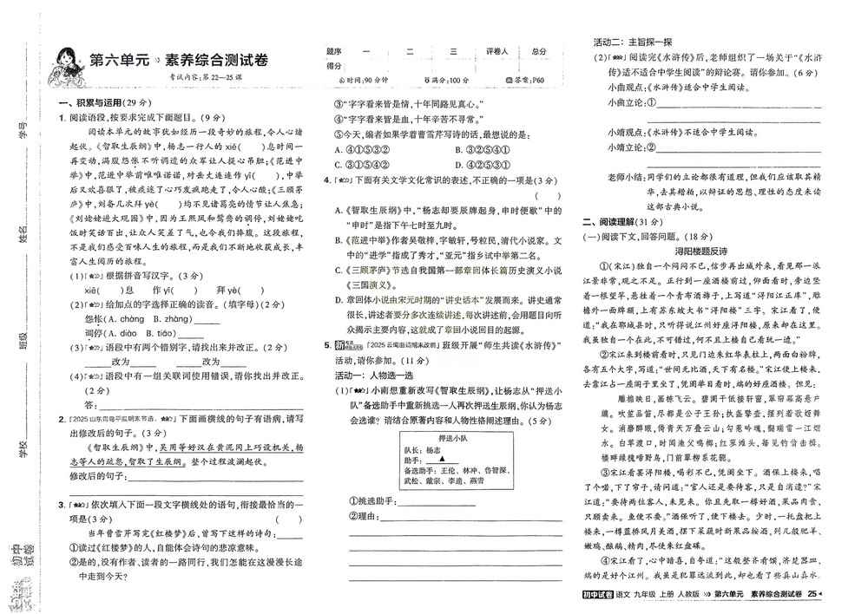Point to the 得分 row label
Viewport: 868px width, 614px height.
(334, 66)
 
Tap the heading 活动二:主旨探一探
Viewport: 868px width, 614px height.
(633, 42)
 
